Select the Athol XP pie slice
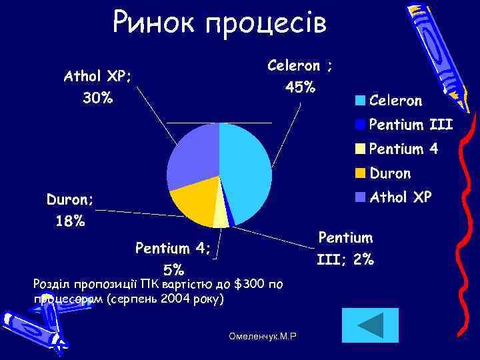(193, 157)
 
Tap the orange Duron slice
(193, 203)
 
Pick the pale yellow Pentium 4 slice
(221, 217)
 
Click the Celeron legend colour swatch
(360, 101)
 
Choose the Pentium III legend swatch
(360, 125)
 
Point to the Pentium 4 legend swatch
(360, 149)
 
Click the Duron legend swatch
(360, 173)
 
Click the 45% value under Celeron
(300, 87)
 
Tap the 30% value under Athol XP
(97, 99)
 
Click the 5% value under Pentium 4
(173, 270)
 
